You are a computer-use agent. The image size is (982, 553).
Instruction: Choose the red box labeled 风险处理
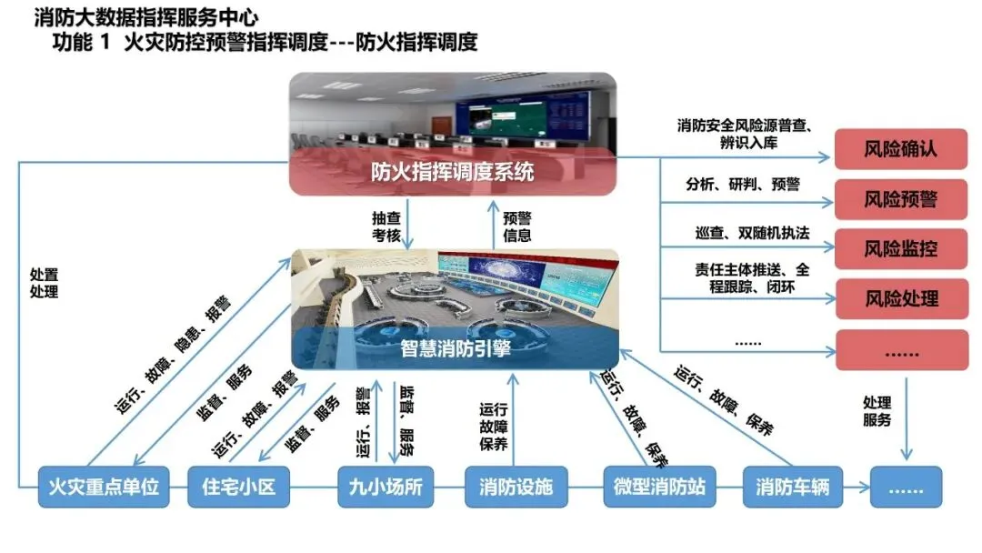coord(900,298)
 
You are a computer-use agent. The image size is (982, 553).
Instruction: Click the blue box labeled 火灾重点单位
coord(104,488)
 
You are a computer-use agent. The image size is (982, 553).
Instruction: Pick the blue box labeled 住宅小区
coord(237,488)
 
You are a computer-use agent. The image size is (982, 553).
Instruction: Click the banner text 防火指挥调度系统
coord(452,172)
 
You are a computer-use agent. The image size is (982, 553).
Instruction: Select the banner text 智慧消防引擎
coord(455,348)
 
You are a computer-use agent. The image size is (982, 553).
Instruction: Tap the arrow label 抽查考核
coord(385,227)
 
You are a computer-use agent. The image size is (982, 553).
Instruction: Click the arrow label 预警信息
coord(516,227)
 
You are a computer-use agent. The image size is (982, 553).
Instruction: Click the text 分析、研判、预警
coord(742,185)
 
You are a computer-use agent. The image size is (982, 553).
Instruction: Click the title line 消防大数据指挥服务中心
coord(145,17)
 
